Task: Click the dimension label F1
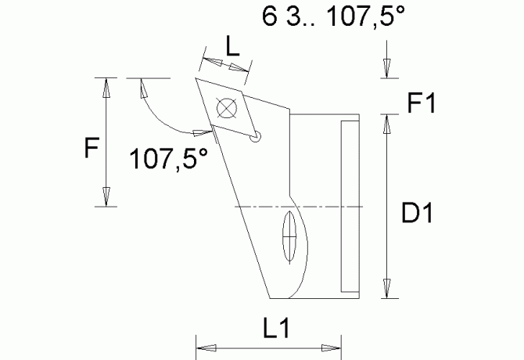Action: click(x=423, y=102)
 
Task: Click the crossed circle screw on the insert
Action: click(x=228, y=107)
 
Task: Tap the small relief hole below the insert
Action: click(x=255, y=139)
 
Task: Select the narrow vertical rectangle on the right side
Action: click(x=350, y=205)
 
